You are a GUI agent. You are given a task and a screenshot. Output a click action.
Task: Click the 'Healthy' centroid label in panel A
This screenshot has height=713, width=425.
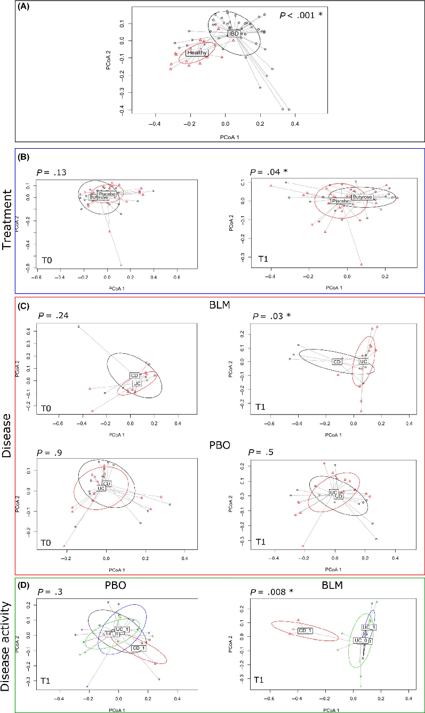[196, 53]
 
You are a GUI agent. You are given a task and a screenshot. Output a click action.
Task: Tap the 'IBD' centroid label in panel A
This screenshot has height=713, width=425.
[233, 34]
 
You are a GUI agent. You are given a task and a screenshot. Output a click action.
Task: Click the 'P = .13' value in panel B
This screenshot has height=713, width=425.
[49, 172]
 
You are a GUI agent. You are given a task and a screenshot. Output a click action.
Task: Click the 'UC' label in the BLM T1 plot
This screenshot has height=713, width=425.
[364, 362]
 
